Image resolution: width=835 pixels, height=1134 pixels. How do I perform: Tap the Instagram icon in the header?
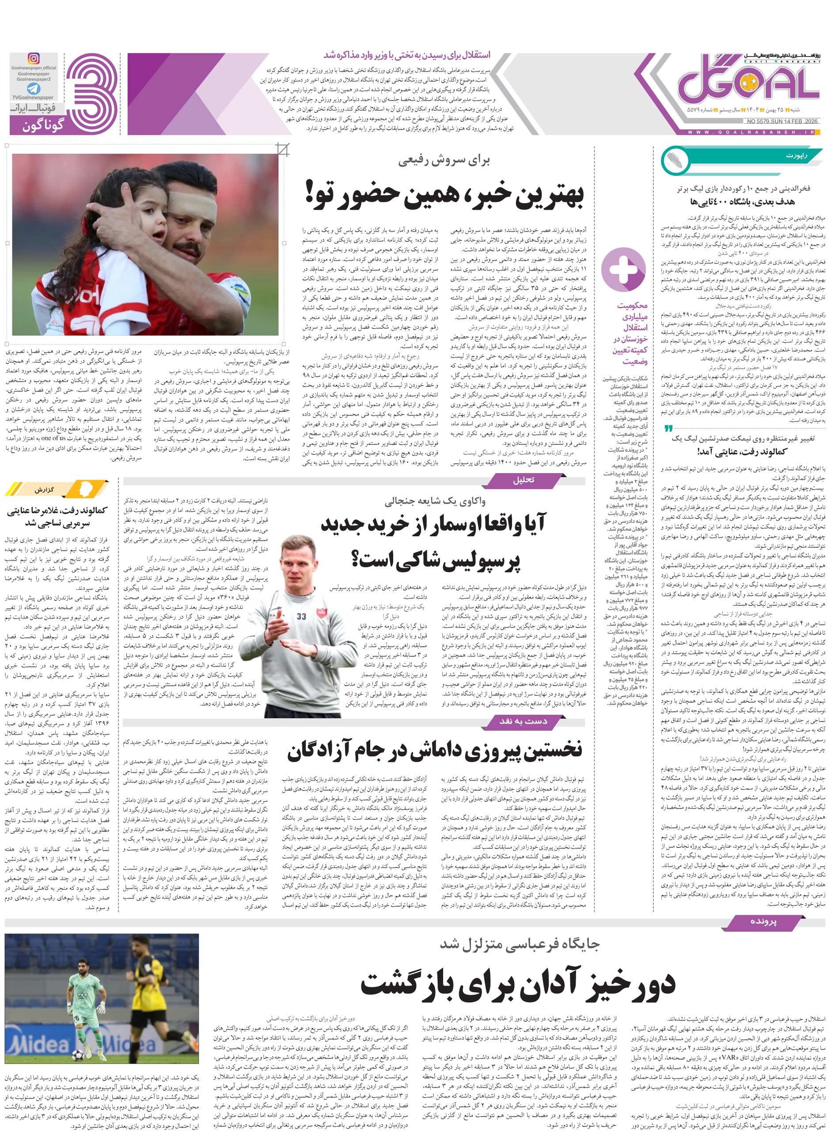(34, 59)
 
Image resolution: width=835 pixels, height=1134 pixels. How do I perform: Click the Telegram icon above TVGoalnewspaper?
(34, 88)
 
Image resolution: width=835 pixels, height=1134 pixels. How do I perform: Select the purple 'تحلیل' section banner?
(523, 480)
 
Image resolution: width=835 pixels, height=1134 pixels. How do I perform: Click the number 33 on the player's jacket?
(301, 617)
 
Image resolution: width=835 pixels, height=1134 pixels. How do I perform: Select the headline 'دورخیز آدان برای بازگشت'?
(518, 984)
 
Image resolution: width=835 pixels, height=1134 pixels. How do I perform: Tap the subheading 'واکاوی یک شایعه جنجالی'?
(435, 501)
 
